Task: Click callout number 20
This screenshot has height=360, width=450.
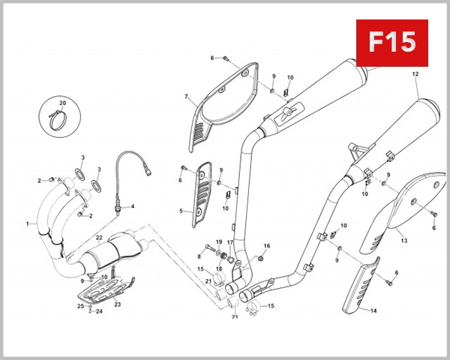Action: click(63, 101)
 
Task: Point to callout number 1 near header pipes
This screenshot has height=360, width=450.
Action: click(28, 223)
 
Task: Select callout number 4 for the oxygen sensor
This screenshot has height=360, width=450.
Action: click(133, 205)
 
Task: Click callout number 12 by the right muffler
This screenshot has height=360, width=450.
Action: click(414, 75)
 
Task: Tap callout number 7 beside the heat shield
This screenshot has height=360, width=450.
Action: click(185, 97)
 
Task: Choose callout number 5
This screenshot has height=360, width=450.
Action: click(181, 211)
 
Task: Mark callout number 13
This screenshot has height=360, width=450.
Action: click(403, 241)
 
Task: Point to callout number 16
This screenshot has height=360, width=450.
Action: click(267, 246)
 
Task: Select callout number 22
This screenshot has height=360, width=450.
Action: click(98, 238)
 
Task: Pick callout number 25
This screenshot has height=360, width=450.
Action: click(80, 306)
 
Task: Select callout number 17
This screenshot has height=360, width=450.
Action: click(231, 242)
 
